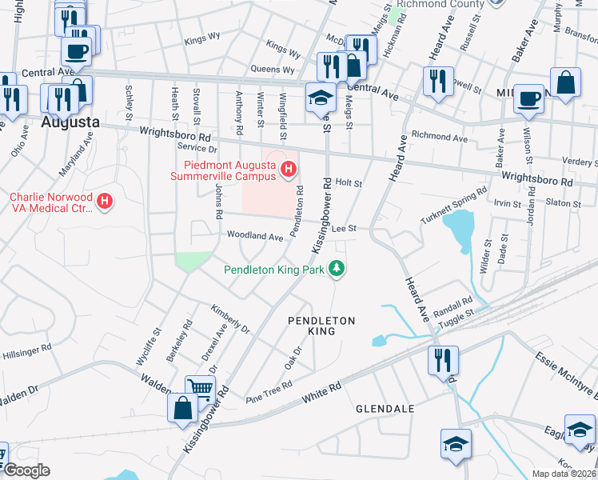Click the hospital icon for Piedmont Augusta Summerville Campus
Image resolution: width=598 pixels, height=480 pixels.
pos(289,170)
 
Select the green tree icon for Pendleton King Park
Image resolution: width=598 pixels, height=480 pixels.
pos(338,270)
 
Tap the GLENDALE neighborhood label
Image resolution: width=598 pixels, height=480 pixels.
pos(385,409)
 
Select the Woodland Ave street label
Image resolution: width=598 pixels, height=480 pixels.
pos(255,237)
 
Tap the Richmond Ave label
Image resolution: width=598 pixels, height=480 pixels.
pos(438,138)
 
